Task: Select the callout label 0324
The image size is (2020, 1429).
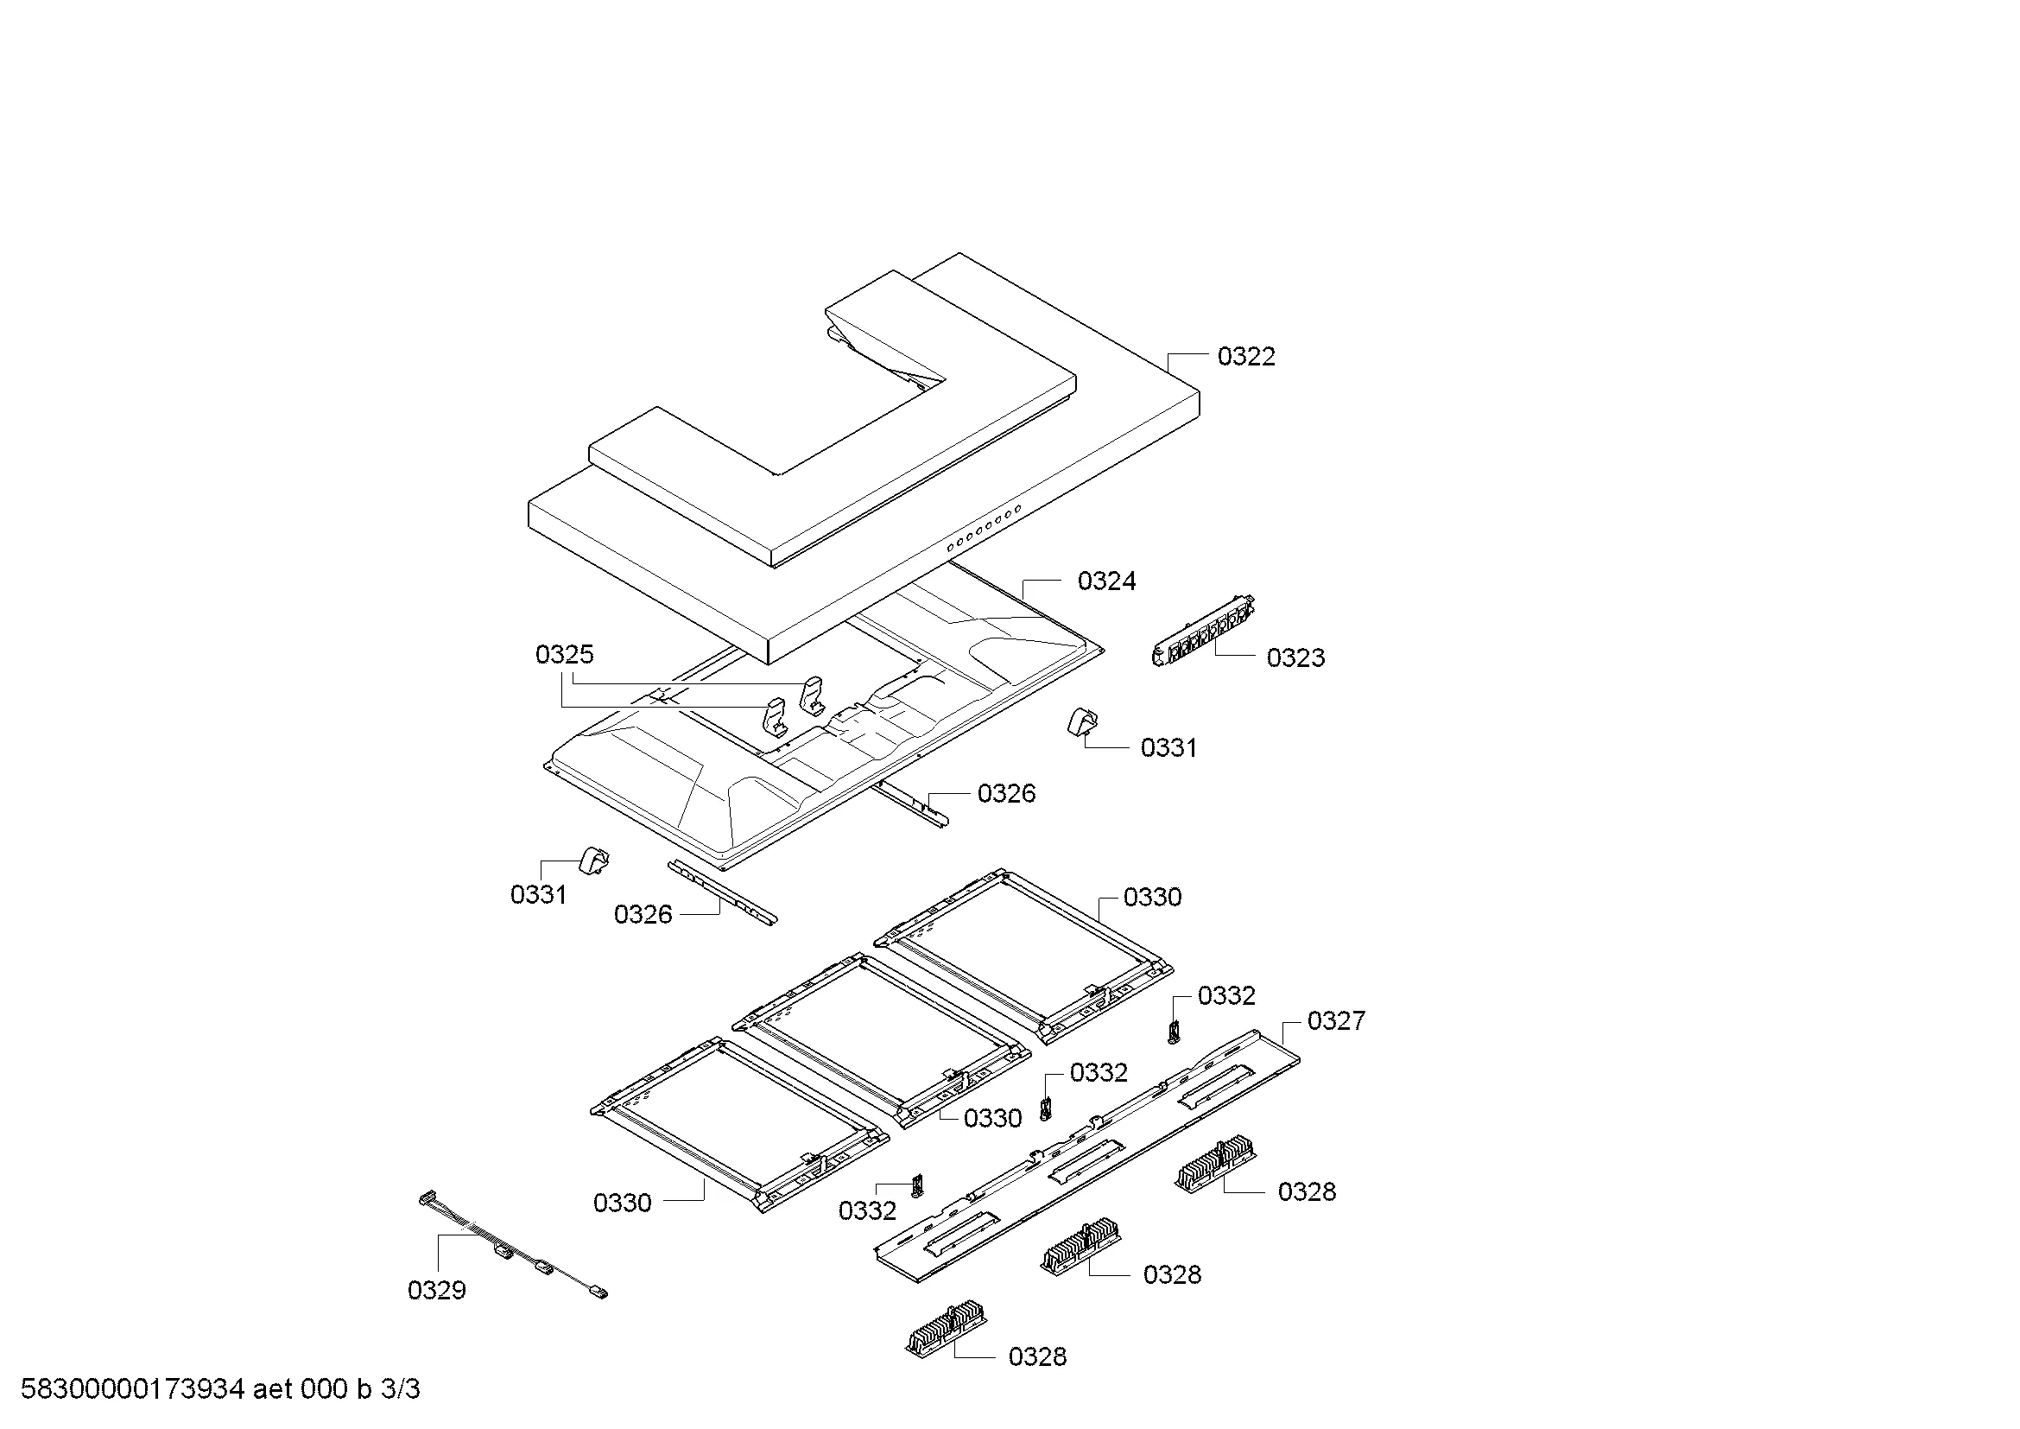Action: pyautogui.click(x=1107, y=581)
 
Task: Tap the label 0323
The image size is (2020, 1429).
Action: pyautogui.click(x=1295, y=657)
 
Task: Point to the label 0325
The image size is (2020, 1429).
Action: pyautogui.click(x=564, y=654)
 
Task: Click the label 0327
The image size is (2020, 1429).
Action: pyautogui.click(x=1335, y=1020)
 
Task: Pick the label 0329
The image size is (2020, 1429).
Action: pyautogui.click(x=436, y=1290)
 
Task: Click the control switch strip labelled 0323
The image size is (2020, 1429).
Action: pyautogui.click(x=1204, y=631)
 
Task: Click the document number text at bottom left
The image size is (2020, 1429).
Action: pyautogui.click(x=220, y=1389)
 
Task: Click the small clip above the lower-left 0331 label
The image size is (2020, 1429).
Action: pyautogui.click(x=594, y=860)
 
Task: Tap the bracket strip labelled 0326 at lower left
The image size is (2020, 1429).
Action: pyautogui.click(x=722, y=892)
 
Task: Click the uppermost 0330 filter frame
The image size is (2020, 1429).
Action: pyautogui.click(x=1023, y=956)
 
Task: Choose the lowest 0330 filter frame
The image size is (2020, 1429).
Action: pyautogui.click(x=739, y=1124)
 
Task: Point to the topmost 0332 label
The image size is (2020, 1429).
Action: pyautogui.click(x=1226, y=995)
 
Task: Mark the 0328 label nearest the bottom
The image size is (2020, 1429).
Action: pyautogui.click(x=1037, y=1356)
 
